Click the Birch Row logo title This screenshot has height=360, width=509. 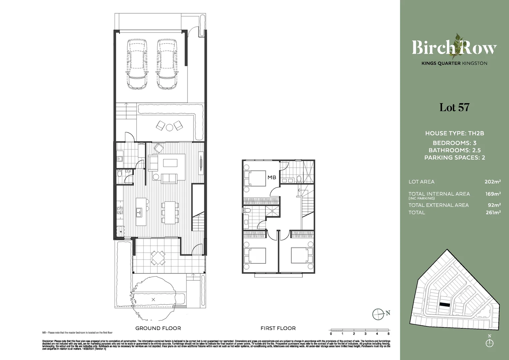pyautogui.click(x=454, y=48)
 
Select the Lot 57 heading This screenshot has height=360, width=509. pyautogui.click(x=454, y=107)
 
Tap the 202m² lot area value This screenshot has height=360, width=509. pyautogui.click(x=493, y=182)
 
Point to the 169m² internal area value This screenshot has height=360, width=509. pyautogui.click(x=493, y=194)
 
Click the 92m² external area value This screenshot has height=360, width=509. pyautogui.click(x=494, y=205)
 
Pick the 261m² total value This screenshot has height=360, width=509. pyautogui.click(x=493, y=212)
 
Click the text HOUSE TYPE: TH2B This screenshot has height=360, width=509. pyautogui.click(x=454, y=133)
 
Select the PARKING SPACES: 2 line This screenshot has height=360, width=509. pyautogui.click(x=454, y=157)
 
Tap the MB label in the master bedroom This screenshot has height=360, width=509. pyautogui.click(x=272, y=177)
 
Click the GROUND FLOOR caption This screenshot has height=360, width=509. pyautogui.click(x=158, y=328)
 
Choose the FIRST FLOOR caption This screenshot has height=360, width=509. pyautogui.click(x=278, y=328)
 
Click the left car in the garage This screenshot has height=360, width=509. pyautogui.click(x=137, y=64)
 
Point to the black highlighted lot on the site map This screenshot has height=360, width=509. pyautogui.click(x=444, y=304)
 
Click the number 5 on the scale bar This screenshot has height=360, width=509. pyautogui.click(x=388, y=334)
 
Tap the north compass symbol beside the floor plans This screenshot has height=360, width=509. pyautogui.click(x=378, y=314)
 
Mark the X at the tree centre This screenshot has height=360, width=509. pyautogui.click(x=153, y=300)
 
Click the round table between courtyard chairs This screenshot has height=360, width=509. pyautogui.click(x=170, y=127)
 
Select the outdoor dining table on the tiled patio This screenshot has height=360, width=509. pyautogui.click(x=158, y=258)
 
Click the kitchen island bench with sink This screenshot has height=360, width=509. pyautogui.click(x=141, y=212)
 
